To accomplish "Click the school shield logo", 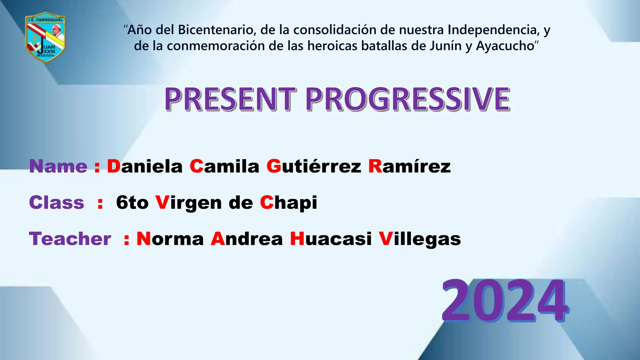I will [x=45, y=37].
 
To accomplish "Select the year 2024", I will [x=504, y=301].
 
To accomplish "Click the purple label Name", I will [x=58, y=166].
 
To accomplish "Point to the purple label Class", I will [x=57, y=202].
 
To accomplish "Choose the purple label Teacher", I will [x=70, y=239].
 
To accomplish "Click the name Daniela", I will [x=145, y=166].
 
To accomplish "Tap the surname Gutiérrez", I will [x=314, y=166].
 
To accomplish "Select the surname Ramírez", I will [x=409, y=166].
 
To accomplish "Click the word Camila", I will [x=224, y=166].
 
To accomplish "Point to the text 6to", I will [x=132, y=202].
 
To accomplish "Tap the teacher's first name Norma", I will [x=170, y=239].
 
